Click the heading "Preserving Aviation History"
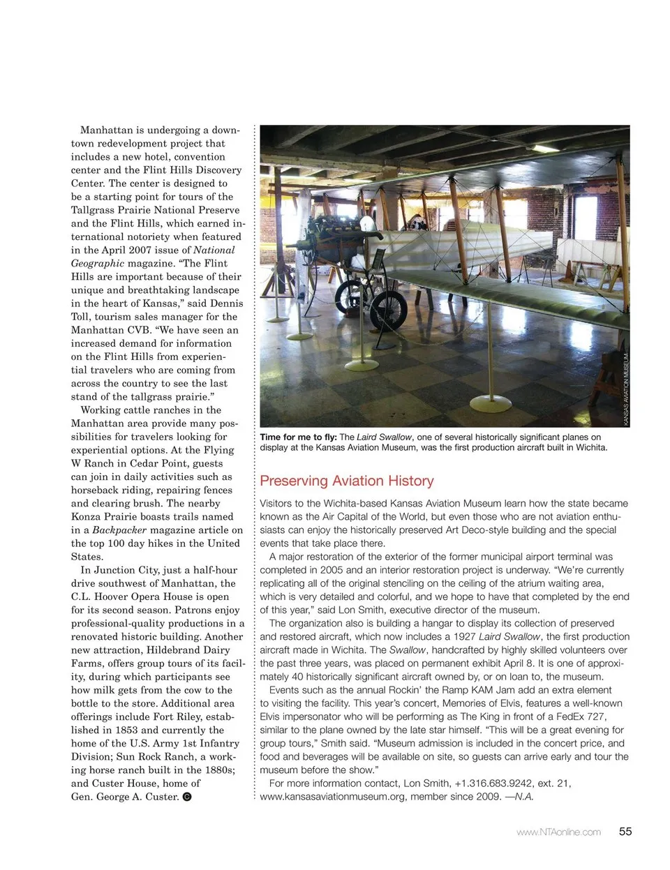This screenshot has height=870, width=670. (x=347, y=481)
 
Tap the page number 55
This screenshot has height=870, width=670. (x=625, y=831)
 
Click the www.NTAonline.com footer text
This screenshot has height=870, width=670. (x=558, y=832)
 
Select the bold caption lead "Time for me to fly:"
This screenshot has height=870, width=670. (x=298, y=437)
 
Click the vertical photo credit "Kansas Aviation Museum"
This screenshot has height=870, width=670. (x=626, y=389)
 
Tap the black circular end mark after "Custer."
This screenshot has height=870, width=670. (x=187, y=797)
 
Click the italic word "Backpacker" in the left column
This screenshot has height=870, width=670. (x=119, y=530)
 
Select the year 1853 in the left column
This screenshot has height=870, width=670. (x=126, y=730)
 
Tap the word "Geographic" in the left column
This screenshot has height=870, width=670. (x=98, y=263)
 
